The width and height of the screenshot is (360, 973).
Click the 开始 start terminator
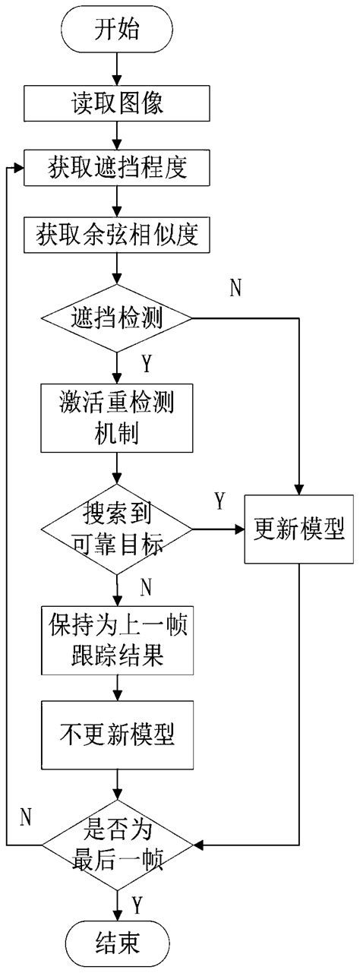[x=116, y=30]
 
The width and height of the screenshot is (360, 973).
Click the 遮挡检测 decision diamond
[x=116, y=317]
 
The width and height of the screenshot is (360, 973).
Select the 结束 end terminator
[x=116, y=942]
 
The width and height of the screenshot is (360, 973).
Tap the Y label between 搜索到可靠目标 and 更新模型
[x=219, y=501]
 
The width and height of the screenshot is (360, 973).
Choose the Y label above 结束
[x=137, y=905]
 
